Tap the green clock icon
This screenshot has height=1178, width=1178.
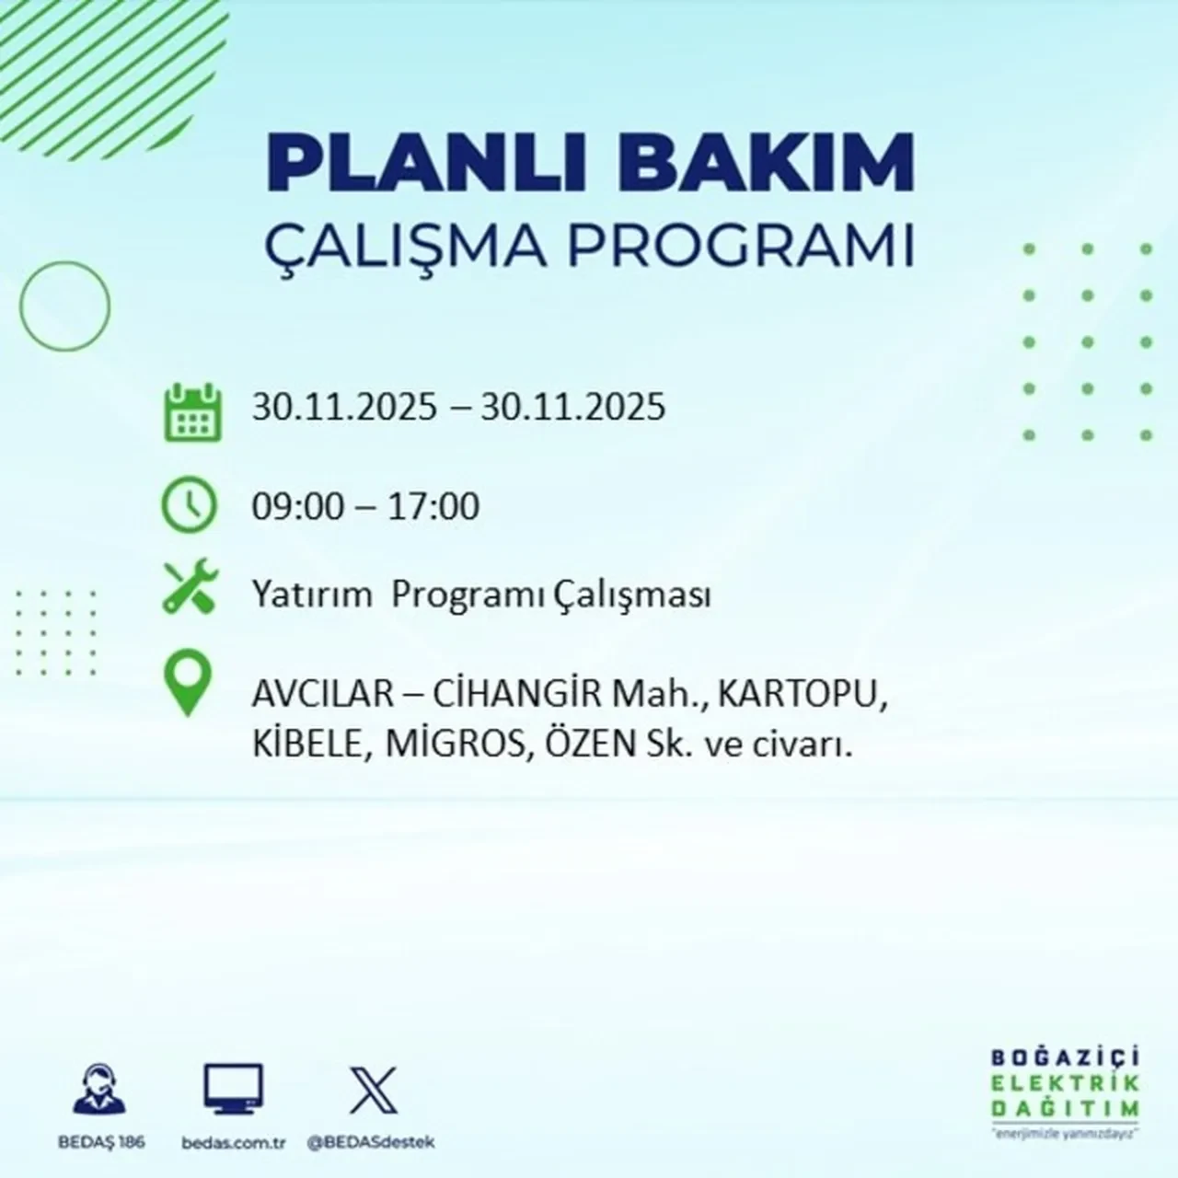point(190,506)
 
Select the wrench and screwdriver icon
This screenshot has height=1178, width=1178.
point(190,588)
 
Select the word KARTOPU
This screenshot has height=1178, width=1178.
point(802,695)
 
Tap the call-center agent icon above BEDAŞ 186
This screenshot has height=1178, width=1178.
point(98,1091)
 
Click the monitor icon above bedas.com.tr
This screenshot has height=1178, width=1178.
point(233,1091)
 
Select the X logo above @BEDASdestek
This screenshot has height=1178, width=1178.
point(374,1090)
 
